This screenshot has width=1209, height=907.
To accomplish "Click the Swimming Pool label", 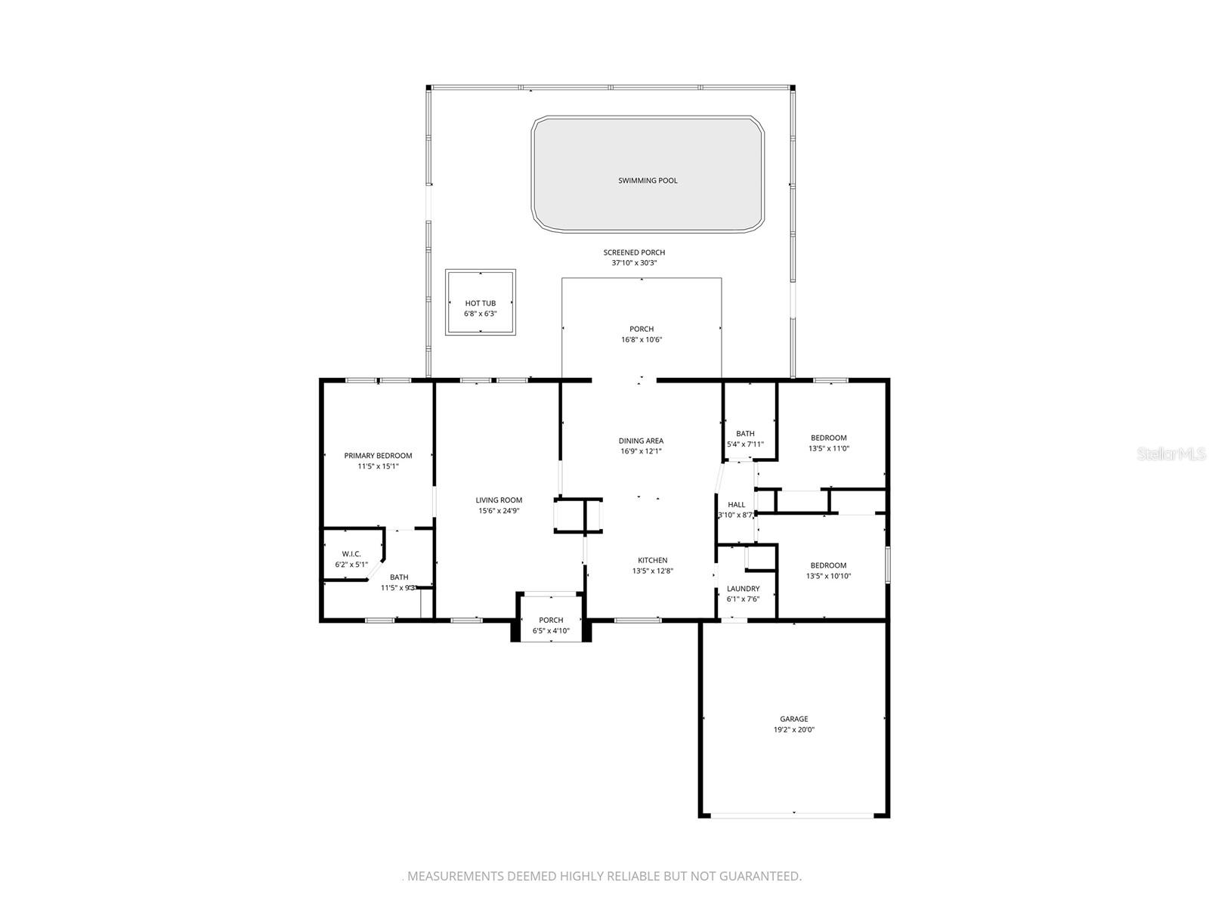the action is [647, 181].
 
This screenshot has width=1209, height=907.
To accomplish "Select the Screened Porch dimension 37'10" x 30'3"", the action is [634, 263].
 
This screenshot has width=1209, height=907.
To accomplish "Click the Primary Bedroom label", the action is [378, 456].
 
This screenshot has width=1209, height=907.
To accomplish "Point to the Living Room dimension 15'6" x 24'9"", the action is [499, 510].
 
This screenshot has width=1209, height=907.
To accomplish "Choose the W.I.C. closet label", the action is [351, 554].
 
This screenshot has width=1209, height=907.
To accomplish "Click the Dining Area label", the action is [641, 441].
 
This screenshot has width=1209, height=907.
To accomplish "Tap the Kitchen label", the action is [653, 561].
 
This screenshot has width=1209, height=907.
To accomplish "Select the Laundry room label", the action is [743, 589].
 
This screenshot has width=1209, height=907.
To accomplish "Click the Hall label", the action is [737, 504].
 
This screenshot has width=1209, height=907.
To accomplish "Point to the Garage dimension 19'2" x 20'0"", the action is [793, 729].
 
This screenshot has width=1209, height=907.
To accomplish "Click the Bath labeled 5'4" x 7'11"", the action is [745, 433].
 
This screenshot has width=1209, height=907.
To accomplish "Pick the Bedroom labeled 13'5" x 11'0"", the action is [828, 438].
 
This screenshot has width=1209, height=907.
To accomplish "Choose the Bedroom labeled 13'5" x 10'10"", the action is [828, 565].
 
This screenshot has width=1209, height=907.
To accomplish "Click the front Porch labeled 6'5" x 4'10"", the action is [551, 620].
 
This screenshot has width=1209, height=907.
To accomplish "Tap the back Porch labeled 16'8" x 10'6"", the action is [642, 330].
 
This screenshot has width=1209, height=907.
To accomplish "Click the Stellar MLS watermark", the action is [1171, 453].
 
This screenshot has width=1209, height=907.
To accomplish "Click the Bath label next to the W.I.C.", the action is [399, 577].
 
